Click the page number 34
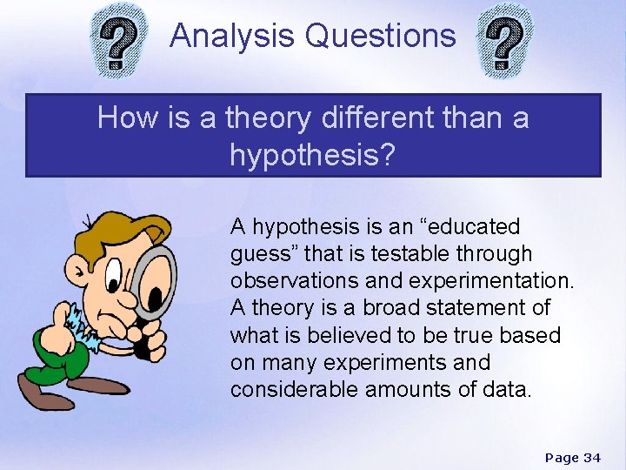592,458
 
